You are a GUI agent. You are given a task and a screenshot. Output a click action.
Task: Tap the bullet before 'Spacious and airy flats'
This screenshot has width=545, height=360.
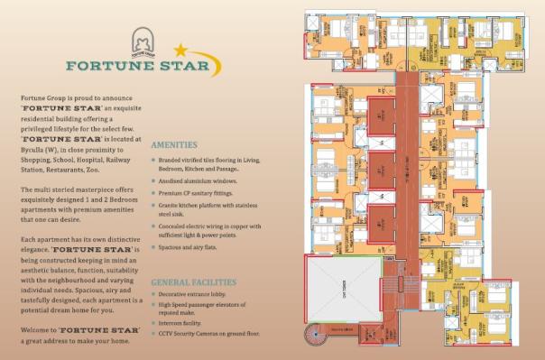[154, 247]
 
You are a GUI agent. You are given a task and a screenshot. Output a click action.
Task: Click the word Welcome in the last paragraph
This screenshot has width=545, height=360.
[35, 330]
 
